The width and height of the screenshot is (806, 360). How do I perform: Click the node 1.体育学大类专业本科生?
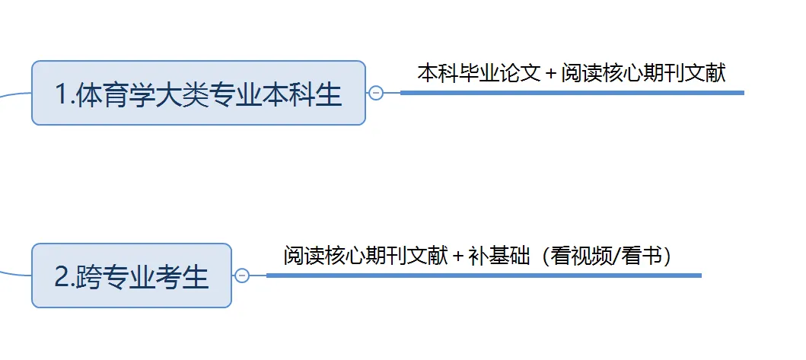tap(198, 93)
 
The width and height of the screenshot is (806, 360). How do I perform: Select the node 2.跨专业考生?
tap(131, 276)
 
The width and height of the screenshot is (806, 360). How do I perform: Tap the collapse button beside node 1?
tap(375, 93)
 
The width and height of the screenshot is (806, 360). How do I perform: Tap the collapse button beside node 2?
tap(242, 276)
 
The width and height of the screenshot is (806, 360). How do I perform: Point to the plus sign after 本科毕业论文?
tap(551, 74)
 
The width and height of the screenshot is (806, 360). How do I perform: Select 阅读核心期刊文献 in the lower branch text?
tap(366, 256)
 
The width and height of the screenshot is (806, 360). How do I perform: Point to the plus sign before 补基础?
tap(457, 256)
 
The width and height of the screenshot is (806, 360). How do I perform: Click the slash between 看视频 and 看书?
tap(615, 256)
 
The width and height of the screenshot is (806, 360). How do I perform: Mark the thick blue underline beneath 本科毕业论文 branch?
tap(572, 93)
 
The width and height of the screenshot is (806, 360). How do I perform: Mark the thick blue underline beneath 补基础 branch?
tap(483, 276)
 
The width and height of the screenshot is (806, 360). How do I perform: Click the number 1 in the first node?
tap(62, 94)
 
